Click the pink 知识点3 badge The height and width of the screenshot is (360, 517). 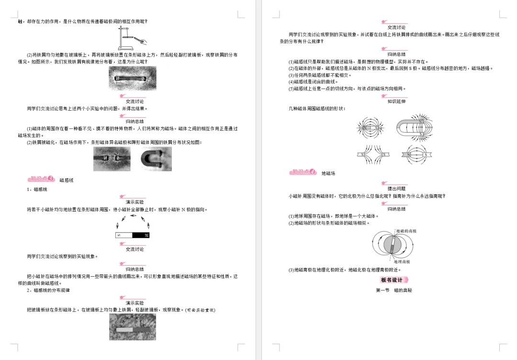pos(42,180)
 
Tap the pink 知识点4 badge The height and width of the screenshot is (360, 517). pos(303,172)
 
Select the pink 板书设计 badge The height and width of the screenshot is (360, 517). pos(394,280)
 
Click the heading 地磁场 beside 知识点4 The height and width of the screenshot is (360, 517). pos(328,173)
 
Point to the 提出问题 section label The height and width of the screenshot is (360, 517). pos(396,189)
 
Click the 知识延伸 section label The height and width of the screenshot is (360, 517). pos(396,101)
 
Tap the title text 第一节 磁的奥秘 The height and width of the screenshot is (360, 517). pos(394,291)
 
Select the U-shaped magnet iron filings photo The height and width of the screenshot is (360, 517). pos(156,158)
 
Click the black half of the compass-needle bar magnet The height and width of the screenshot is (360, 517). pos(141,235)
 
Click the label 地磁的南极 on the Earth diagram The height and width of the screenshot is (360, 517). pos(406,231)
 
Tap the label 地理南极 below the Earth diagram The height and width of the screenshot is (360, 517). pos(402,262)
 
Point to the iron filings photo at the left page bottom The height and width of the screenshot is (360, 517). pos(132,327)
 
